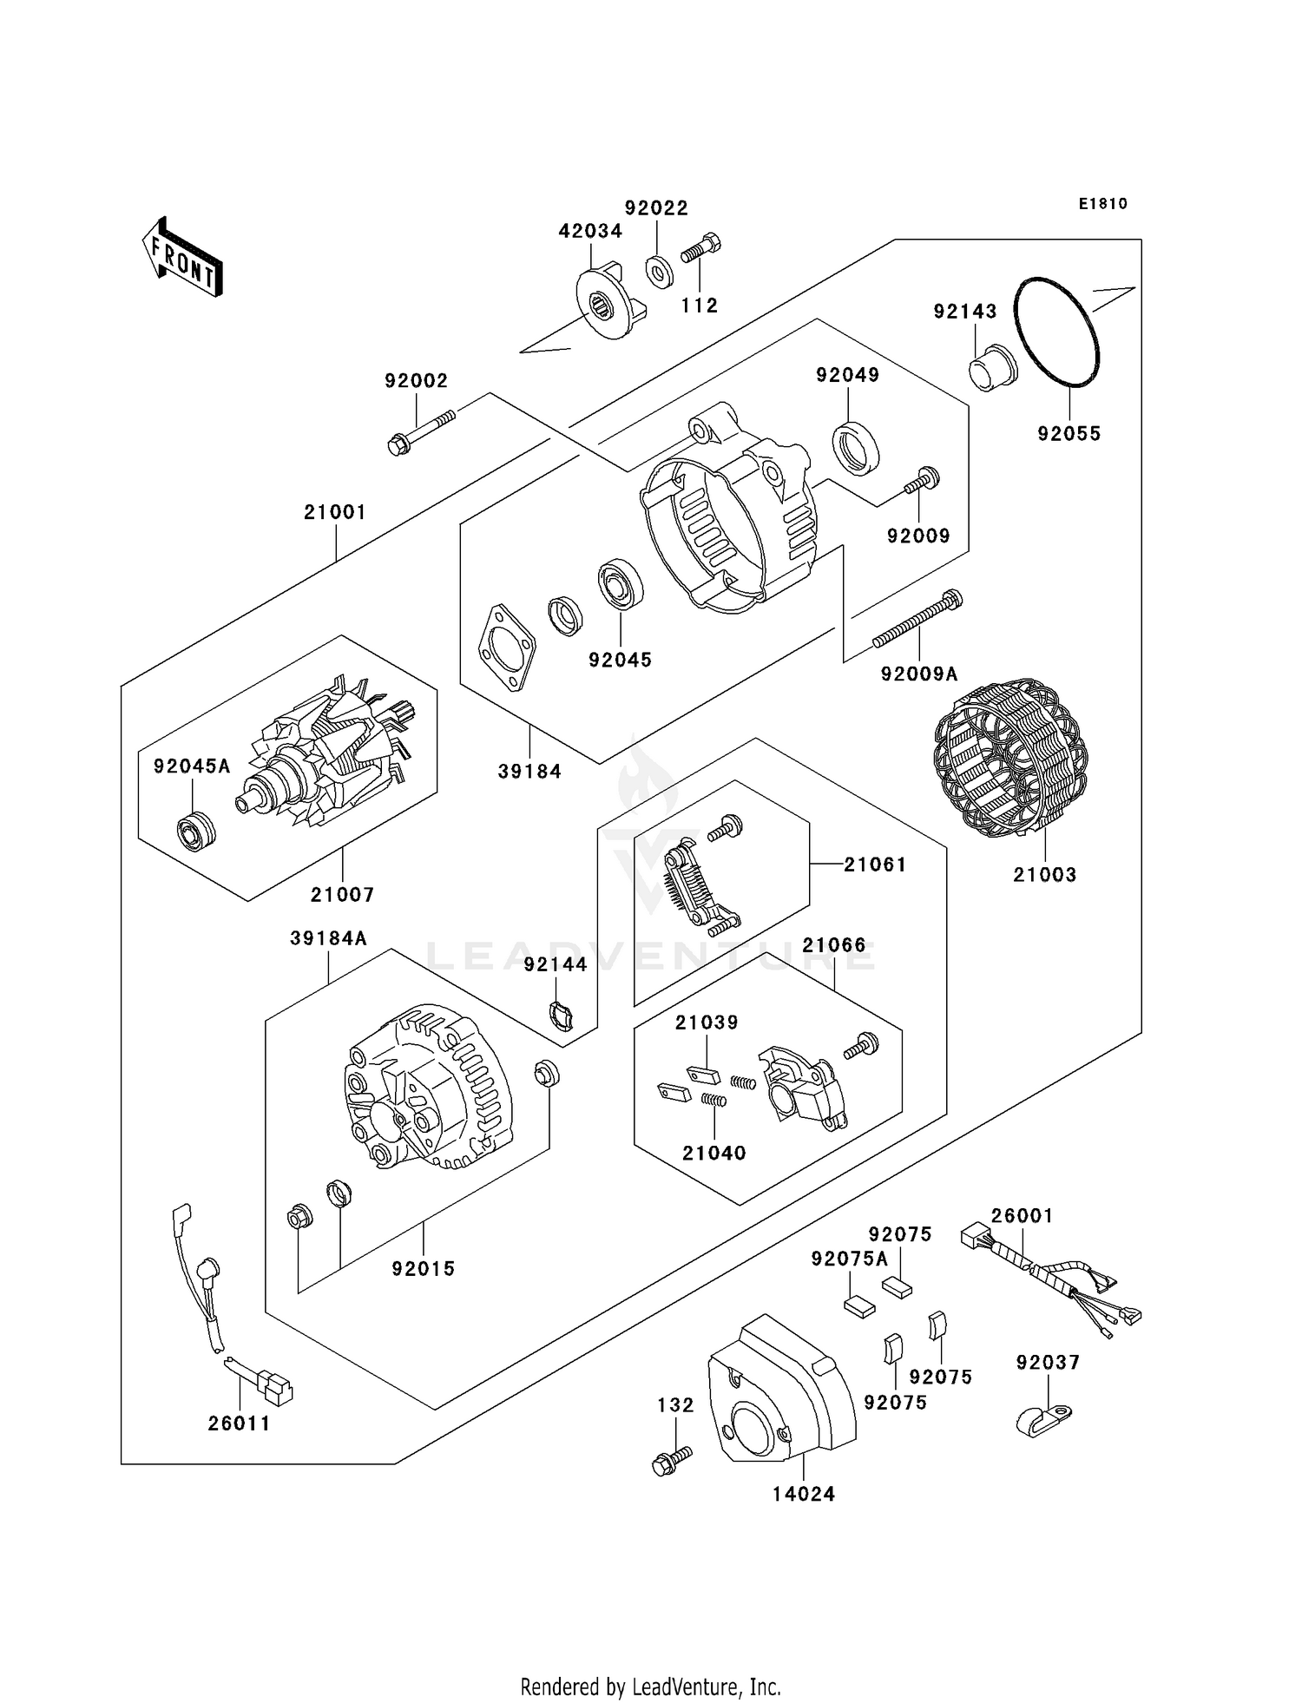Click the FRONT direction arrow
(x=183, y=258)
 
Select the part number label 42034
(x=590, y=231)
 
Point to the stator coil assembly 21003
(x=1011, y=758)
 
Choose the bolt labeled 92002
(x=420, y=431)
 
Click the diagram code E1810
(x=1103, y=204)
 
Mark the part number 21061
(x=875, y=865)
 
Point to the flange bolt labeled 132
(x=672, y=1460)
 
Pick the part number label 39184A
(x=328, y=938)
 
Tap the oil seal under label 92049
(x=856, y=447)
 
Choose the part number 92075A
(x=850, y=1259)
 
